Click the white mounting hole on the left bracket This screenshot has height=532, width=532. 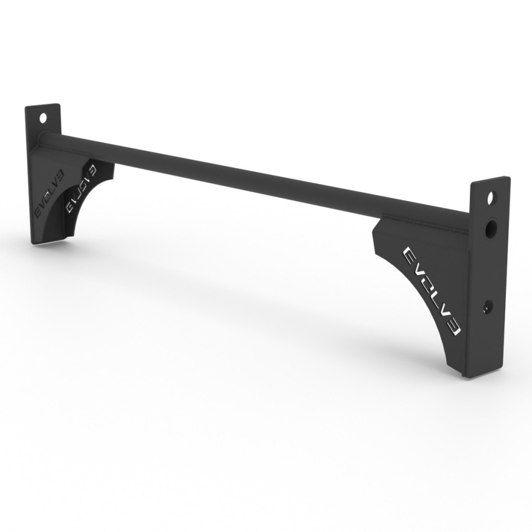point(43,117)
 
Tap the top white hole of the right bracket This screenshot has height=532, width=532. point(490,197)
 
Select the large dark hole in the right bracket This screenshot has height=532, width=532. point(491,229)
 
